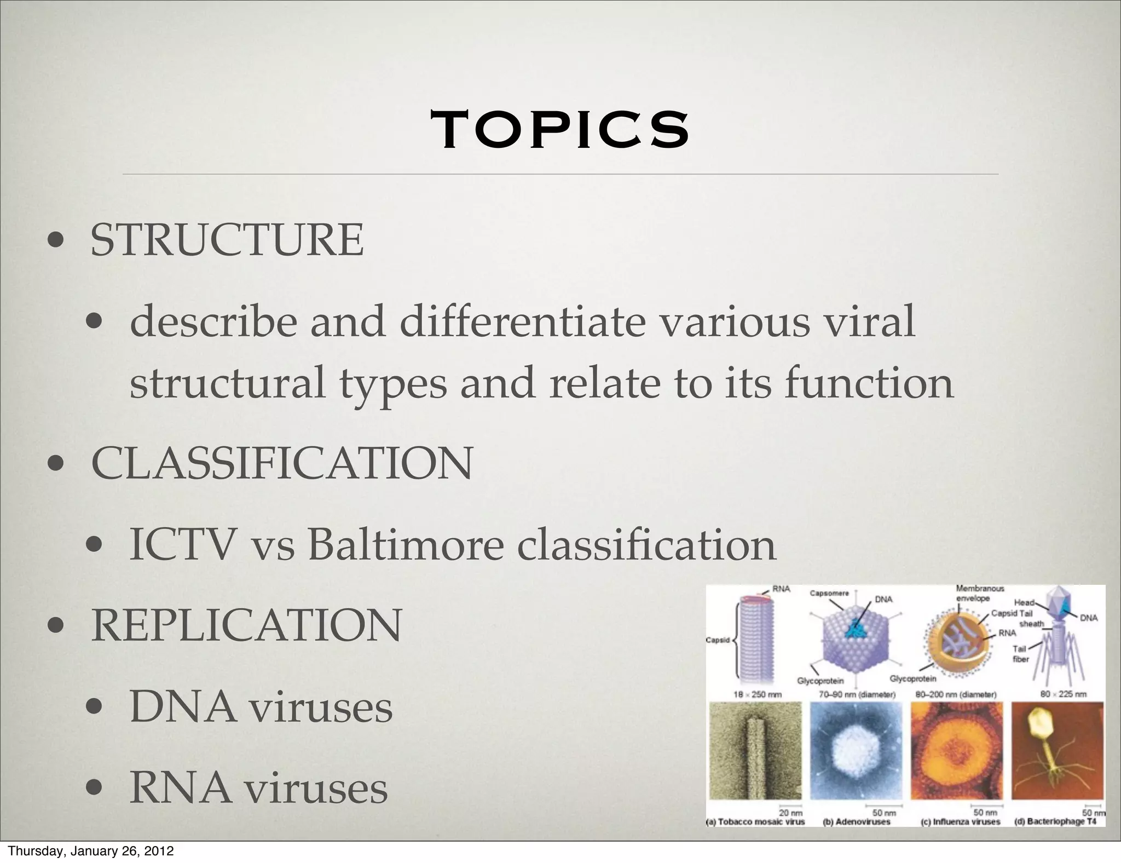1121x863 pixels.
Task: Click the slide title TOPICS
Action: point(560,130)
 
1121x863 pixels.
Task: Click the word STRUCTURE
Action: point(227,240)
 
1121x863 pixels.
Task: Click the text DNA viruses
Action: point(261,707)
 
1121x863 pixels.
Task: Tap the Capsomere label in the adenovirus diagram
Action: point(829,594)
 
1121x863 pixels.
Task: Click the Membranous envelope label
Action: point(980,593)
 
